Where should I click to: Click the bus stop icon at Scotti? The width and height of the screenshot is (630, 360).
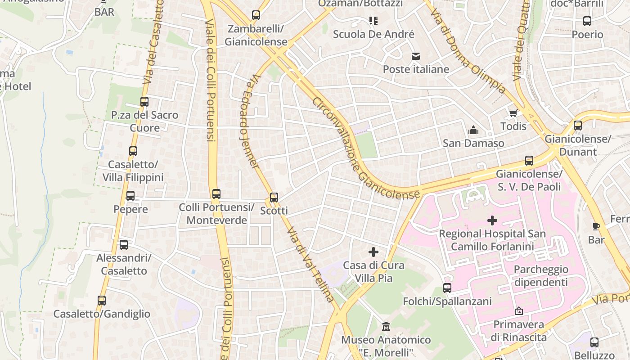click(274, 197)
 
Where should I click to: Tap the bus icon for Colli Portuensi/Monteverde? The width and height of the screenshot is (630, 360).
click(216, 194)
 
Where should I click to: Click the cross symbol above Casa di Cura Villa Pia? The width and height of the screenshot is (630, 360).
click(373, 252)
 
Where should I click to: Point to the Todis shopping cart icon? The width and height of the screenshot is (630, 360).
click(513, 112)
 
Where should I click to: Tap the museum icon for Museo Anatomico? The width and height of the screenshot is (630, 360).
click(386, 326)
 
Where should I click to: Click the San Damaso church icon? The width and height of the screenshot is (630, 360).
click(473, 130)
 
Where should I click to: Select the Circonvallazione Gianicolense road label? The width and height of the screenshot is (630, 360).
click(365, 148)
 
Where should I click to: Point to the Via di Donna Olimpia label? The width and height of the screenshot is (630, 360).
click(468, 49)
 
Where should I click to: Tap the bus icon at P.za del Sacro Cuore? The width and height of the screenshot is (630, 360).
click(144, 102)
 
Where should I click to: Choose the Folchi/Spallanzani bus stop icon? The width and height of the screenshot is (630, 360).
click(447, 288)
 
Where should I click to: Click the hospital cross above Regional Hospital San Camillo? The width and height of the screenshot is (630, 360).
click(492, 220)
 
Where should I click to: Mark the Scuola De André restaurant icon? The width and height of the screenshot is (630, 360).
click(373, 20)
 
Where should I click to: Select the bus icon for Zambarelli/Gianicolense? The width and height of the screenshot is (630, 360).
click(256, 15)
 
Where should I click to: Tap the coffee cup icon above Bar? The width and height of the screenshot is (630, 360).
click(596, 226)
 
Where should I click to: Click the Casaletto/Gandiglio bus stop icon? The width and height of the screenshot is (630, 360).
click(102, 300)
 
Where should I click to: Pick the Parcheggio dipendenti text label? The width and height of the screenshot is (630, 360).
click(541, 276)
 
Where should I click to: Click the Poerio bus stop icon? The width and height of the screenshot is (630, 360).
click(587, 21)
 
